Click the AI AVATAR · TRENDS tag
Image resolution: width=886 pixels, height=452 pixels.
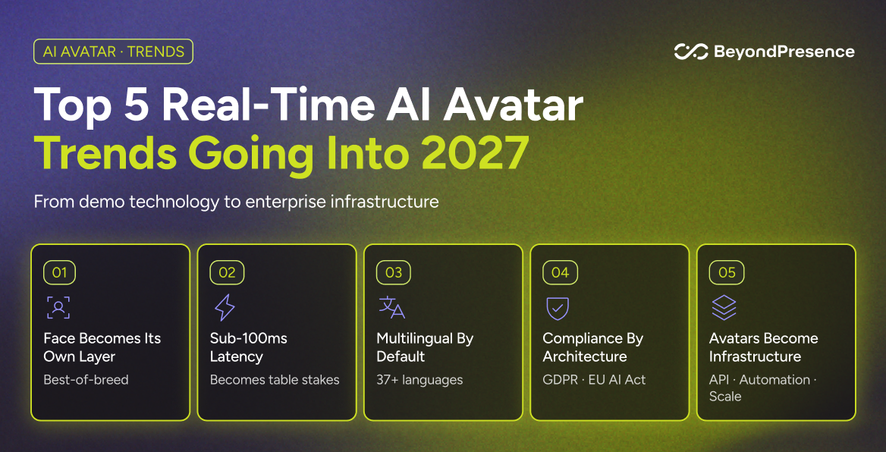tap(114, 52)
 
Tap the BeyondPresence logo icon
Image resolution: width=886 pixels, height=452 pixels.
tap(691, 52)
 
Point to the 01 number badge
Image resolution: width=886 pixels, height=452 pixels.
tap(59, 273)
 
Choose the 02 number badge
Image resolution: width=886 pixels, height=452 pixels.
tap(227, 273)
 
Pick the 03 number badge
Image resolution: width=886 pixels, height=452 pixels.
tap(393, 273)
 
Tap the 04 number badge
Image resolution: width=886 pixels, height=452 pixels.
tap(560, 273)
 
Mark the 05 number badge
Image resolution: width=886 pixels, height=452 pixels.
tap(727, 273)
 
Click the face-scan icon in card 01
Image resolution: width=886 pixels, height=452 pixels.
tap(58, 308)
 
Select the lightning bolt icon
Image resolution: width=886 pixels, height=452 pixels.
tap(225, 308)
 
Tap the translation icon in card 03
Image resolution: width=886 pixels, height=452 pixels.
tap(391, 307)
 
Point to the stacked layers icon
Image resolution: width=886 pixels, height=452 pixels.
tap(724, 308)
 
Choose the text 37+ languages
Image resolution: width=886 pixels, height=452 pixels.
tap(419, 380)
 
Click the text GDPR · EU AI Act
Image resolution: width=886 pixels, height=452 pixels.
tap(595, 379)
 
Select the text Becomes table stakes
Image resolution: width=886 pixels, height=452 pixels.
tap(275, 379)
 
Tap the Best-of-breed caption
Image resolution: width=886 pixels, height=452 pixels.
tap(86, 379)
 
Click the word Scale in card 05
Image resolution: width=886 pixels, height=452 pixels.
tap(725, 396)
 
